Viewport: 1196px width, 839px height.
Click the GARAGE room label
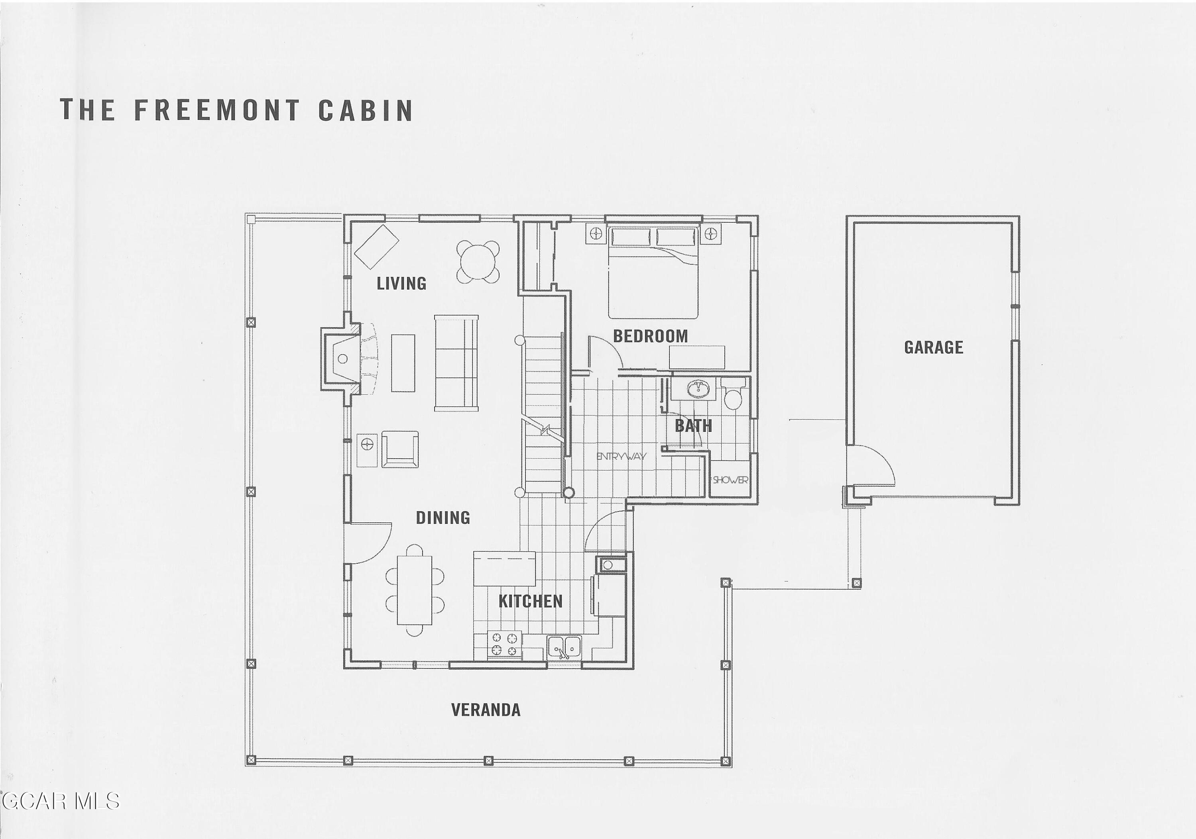tap(933, 347)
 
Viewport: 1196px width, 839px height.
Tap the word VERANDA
tap(486, 710)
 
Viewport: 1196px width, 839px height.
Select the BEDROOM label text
tap(650, 336)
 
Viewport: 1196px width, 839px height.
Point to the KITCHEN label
tap(530, 601)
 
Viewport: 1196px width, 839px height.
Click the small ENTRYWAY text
tap(621, 457)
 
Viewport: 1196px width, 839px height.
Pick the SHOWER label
tap(730, 480)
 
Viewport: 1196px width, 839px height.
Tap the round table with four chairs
tap(478, 262)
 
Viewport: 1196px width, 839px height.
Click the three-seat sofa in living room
tap(456, 363)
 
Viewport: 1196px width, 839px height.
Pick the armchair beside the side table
tap(400, 449)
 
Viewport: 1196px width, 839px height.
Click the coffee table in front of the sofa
tap(403, 363)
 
